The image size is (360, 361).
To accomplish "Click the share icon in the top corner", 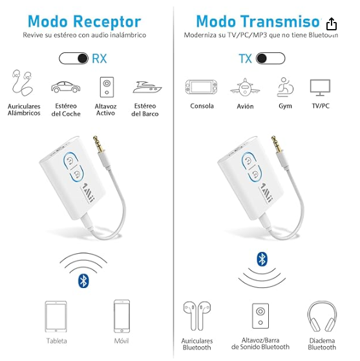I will click(x=332, y=24).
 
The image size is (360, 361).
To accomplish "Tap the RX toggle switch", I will click(x=74, y=59).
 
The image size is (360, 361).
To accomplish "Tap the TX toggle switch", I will click(x=270, y=59).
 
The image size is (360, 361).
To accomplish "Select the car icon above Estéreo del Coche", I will click(x=66, y=87).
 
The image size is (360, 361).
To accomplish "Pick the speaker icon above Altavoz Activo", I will click(x=105, y=87).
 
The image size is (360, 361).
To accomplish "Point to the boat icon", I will click(x=145, y=87).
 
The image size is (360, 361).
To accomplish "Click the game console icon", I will click(x=202, y=87).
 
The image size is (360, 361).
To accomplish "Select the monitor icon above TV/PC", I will click(x=320, y=87).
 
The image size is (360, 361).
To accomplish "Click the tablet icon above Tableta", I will click(x=56, y=315).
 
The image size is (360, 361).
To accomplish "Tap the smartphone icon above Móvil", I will click(x=122, y=315).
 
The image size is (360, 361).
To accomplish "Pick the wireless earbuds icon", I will click(x=196, y=315).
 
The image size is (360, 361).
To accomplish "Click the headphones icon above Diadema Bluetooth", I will click(x=321, y=315).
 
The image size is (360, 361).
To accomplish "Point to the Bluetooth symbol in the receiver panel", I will click(x=83, y=280).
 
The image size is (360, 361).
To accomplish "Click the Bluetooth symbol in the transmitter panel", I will click(x=262, y=259).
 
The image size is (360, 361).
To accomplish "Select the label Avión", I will click(x=245, y=107).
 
